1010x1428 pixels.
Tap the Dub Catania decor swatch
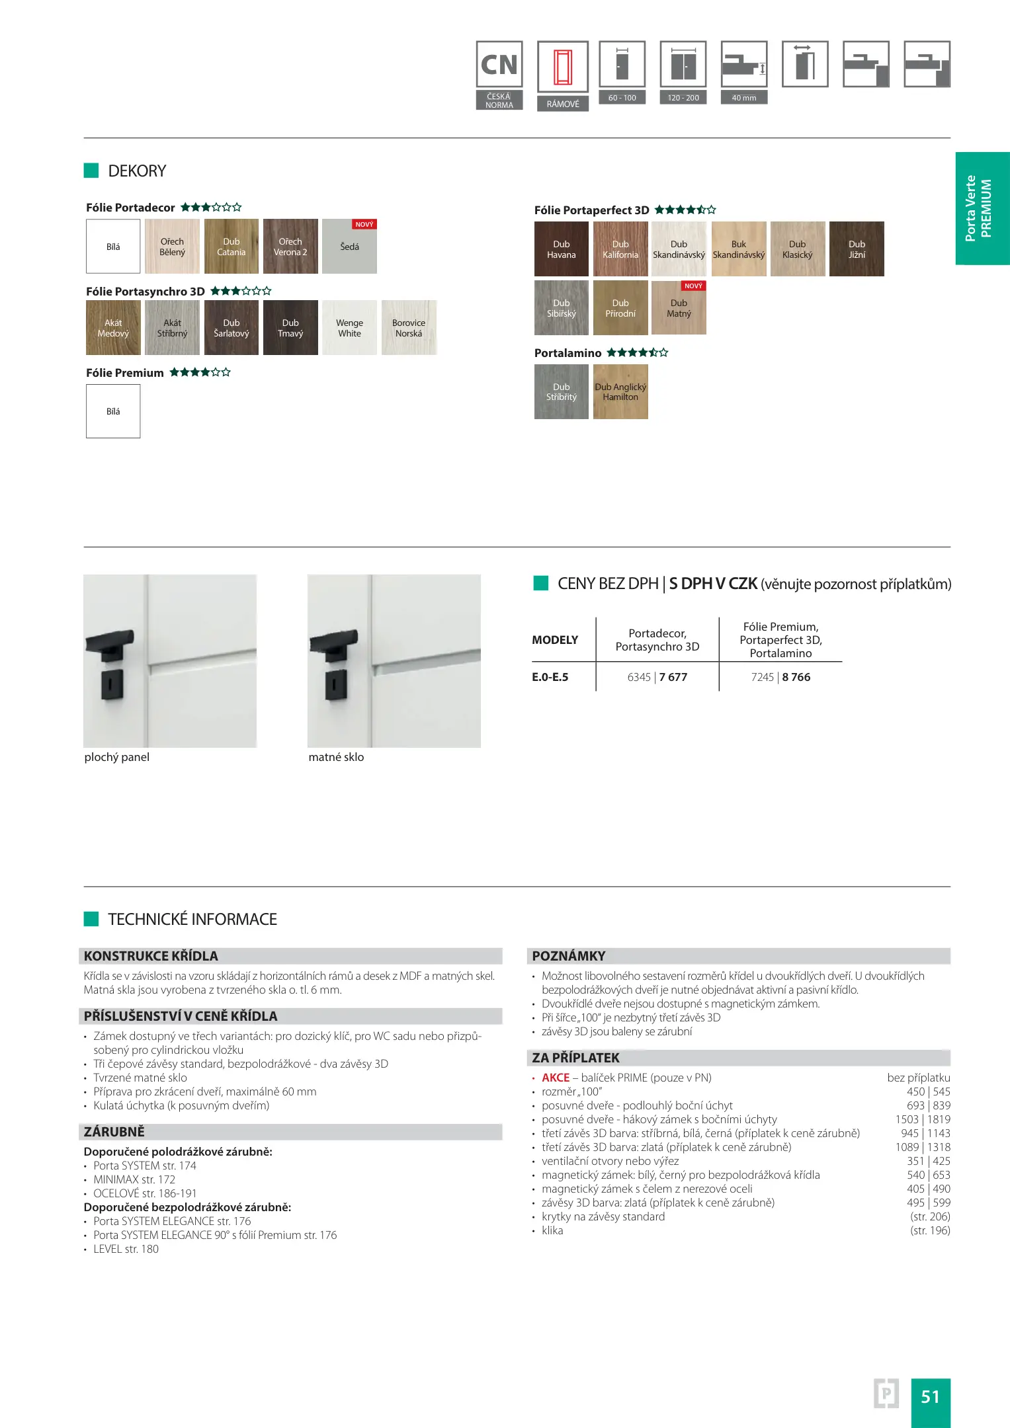(231, 247)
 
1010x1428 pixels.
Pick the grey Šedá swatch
(349, 247)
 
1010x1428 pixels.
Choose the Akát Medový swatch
(113, 328)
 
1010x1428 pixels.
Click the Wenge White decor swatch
(349, 328)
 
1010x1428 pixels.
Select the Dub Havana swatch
(561, 249)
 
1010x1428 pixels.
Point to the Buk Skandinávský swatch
(738, 249)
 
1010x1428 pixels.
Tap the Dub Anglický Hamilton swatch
(620, 392)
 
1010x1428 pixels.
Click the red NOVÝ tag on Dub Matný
(693, 286)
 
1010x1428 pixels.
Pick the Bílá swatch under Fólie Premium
(113, 411)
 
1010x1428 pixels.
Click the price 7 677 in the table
(673, 677)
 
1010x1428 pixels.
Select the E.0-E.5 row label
(550, 677)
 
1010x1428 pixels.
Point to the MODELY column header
(555, 640)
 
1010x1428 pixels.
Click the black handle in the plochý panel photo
(110, 644)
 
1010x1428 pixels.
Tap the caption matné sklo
(336, 757)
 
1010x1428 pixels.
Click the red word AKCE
(556, 1078)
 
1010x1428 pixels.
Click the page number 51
(930, 1396)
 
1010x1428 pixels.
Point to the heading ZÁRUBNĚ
(114, 1132)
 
